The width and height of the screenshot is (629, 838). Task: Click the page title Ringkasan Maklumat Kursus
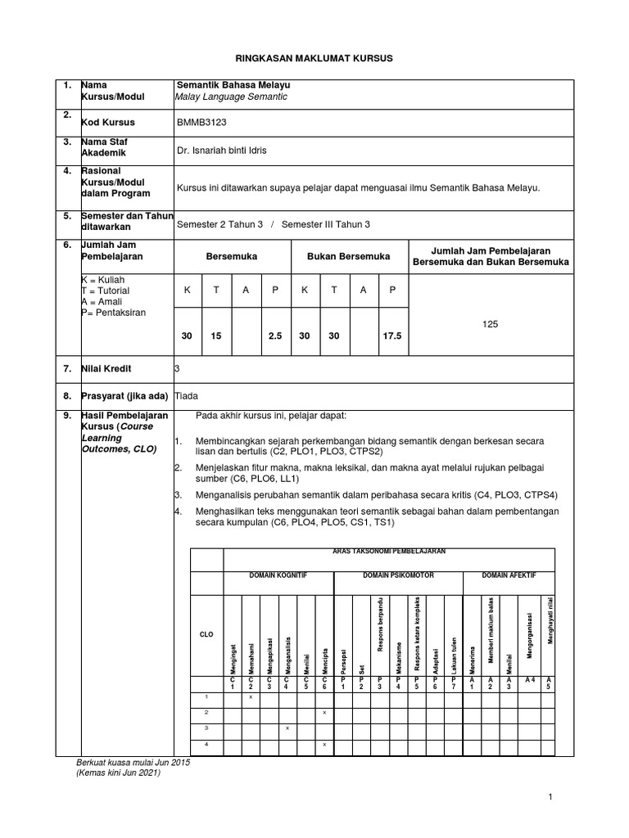coord(315,59)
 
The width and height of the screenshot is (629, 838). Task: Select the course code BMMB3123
coord(201,122)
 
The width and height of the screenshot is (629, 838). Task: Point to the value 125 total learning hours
coord(490,324)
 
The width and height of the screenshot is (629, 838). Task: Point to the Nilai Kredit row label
coord(105,369)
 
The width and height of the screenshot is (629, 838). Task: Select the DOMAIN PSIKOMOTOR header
coord(398,575)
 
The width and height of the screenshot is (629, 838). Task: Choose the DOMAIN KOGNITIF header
coord(278,575)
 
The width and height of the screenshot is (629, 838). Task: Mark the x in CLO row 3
coord(287,728)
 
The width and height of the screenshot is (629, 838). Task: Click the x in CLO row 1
coord(250,696)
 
